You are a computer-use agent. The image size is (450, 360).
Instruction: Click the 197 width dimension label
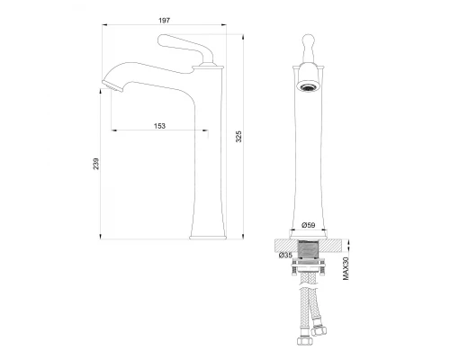[x=164, y=21]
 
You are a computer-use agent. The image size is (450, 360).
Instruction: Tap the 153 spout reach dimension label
[x=159, y=126]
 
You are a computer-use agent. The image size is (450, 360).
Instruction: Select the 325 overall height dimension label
[x=238, y=137]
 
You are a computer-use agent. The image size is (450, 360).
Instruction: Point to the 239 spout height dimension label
[x=95, y=164]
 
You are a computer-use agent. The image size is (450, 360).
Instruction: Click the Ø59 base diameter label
[x=309, y=225]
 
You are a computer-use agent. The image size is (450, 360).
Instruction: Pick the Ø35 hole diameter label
[x=285, y=255]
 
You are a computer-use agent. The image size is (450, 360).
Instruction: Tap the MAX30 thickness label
[x=346, y=268]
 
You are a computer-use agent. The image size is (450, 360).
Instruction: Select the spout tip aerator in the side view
[x=112, y=85]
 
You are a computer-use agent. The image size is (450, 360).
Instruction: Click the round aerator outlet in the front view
[x=308, y=87]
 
